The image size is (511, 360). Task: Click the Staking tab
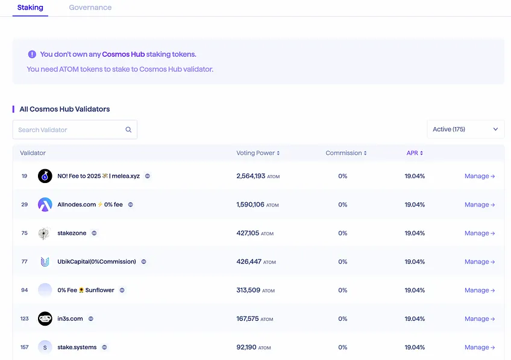[x=30, y=7]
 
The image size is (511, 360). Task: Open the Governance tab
[x=90, y=7]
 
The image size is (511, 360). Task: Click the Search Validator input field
[x=70, y=129]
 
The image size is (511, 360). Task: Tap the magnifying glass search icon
[x=128, y=129]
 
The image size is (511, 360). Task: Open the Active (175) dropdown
[x=466, y=129]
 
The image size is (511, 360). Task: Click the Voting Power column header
[x=258, y=153]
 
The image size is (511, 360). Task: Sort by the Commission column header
[x=346, y=153]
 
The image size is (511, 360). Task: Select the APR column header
[x=415, y=153]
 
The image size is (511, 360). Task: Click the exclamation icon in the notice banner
[x=32, y=54]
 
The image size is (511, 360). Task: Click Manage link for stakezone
[x=480, y=233]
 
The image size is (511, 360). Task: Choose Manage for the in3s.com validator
[x=480, y=318]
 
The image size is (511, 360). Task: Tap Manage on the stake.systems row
[x=480, y=347]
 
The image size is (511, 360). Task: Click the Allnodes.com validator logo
[x=45, y=205]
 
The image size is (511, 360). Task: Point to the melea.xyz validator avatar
[x=45, y=176]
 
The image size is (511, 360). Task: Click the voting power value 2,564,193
[x=251, y=176]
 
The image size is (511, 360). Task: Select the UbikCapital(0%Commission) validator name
[x=96, y=261]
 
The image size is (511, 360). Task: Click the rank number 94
[x=25, y=290]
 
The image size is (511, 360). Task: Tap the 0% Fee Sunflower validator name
[x=86, y=290]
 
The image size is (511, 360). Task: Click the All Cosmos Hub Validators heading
[x=64, y=109]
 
